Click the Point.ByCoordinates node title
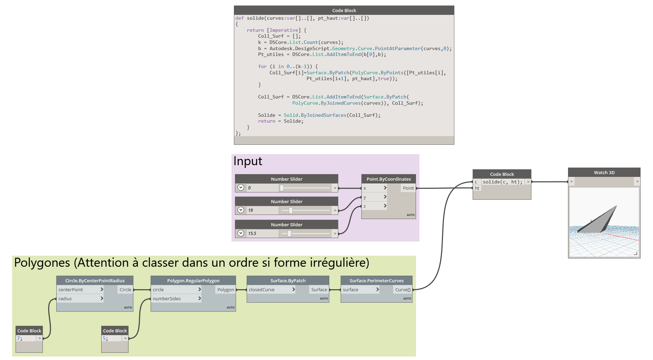tap(388, 179)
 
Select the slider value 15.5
tap(252, 234)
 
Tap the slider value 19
tap(250, 210)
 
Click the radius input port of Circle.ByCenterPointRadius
tap(65, 299)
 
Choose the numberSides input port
tap(167, 299)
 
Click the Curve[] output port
tap(403, 290)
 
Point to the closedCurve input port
tap(262, 290)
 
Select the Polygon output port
tap(226, 290)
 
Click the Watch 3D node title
tap(604, 172)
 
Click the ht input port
tap(477, 188)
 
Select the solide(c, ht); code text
tap(502, 182)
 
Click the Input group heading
tap(248, 161)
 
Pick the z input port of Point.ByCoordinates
tap(365, 206)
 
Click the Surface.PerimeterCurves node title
tap(376, 281)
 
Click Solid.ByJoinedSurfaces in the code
tap(315, 115)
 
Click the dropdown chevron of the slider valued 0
tap(241, 188)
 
